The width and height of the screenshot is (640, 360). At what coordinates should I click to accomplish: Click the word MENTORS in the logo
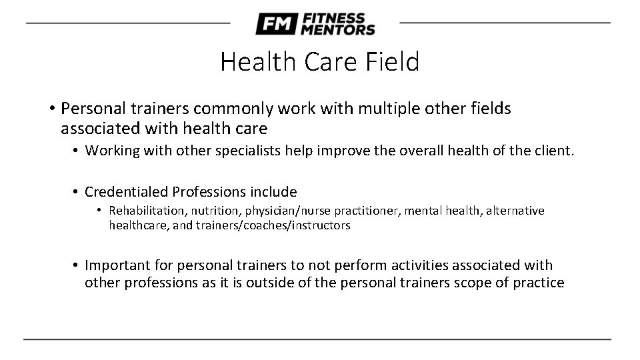tap(338, 29)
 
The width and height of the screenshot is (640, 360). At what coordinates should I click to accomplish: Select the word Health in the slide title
tap(251, 62)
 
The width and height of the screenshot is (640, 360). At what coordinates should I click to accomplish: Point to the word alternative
tap(515, 211)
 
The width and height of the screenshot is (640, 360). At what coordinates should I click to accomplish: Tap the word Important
tap(115, 265)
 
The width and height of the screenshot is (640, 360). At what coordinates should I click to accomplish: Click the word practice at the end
tap(539, 282)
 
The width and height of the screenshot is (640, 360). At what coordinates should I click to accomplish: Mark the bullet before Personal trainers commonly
tap(51, 109)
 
